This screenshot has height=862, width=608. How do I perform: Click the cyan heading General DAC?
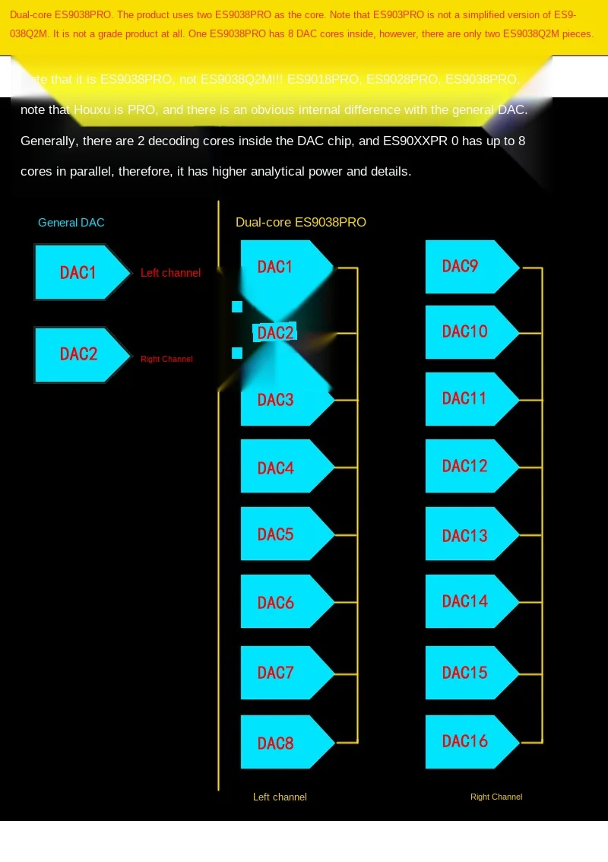pyautogui.click(x=71, y=223)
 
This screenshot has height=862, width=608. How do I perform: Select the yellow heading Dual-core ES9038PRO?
pyautogui.click(x=301, y=223)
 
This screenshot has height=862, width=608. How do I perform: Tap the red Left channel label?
pyautogui.click(x=170, y=273)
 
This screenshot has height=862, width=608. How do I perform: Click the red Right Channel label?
pyautogui.click(x=166, y=359)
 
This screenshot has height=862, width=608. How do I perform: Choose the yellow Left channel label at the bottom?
pyautogui.click(x=280, y=797)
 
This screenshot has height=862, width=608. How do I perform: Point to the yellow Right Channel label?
pyautogui.click(x=496, y=797)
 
